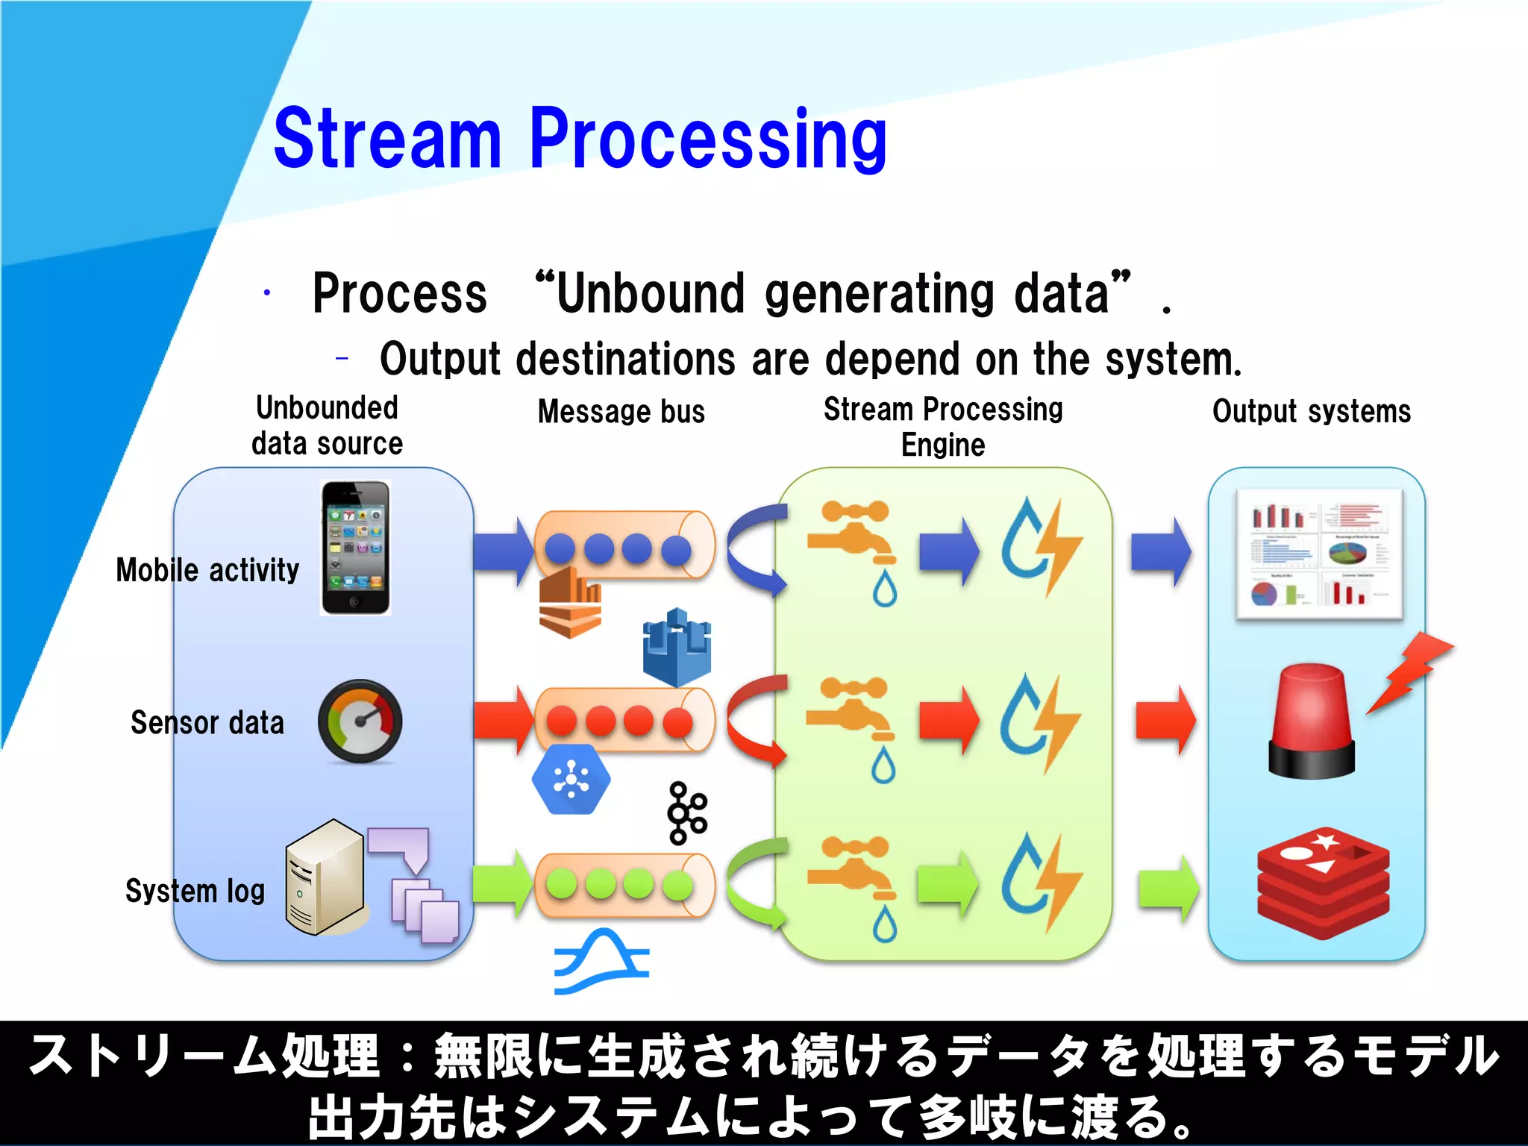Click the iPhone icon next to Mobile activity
(355, 548)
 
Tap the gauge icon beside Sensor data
(360, 721)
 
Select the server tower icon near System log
(325, 877)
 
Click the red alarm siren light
(1312, 721)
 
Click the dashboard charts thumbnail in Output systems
(1319, 554)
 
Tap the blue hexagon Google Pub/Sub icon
(571, 780)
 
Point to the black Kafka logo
(686, 812)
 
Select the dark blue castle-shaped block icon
(677, 647)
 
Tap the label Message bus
(621, 412)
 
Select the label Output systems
(1311, 412)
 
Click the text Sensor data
(207, 723)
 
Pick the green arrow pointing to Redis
(1168, 888)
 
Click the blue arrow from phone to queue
(504, 552)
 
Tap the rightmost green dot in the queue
(677, 886)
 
